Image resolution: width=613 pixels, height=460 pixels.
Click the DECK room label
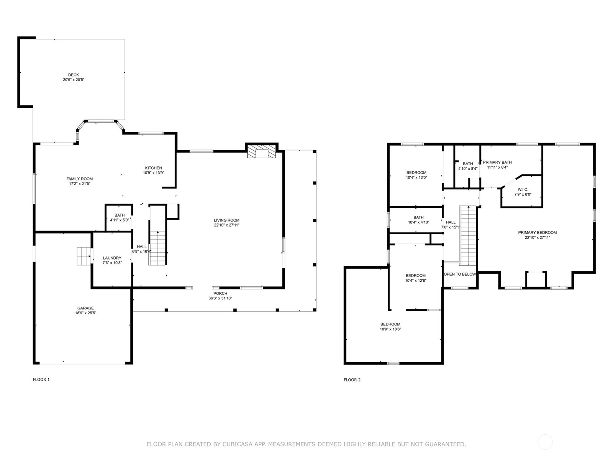(74, 75)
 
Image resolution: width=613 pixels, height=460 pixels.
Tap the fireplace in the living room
(261, 152)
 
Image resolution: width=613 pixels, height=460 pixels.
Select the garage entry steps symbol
(84, 256)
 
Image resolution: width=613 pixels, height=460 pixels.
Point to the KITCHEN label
(153, 168)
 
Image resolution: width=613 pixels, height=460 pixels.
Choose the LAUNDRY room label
(112, 258)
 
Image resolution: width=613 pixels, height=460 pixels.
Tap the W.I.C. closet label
(523, 189)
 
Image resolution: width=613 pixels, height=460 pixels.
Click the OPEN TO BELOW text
(460, 274)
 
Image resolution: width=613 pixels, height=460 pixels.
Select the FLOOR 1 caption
(41, 379)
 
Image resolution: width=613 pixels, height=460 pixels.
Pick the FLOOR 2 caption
(352, 379)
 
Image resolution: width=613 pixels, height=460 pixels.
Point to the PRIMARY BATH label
(497, 162)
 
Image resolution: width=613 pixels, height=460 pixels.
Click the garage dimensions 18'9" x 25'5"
(85, 313)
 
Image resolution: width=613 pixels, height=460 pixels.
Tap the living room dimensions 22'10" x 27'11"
(226, 225)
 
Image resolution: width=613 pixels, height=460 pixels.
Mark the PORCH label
(220, 293)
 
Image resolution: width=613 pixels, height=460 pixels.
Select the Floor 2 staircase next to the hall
(468, 236)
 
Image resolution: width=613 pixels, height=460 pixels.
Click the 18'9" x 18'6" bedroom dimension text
(390, 329)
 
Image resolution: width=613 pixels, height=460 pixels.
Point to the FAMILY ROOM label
(80, 179)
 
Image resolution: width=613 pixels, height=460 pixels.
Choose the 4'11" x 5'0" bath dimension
(120, 220)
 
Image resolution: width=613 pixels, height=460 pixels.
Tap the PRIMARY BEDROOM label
(537, 232)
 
